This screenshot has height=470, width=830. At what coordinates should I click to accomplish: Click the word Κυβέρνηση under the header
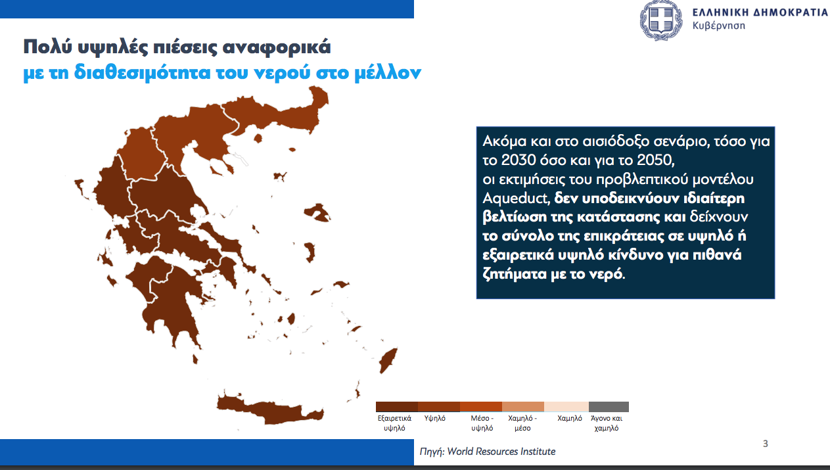click(718, 26)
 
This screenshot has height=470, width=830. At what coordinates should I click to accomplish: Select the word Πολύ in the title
click(47, 47)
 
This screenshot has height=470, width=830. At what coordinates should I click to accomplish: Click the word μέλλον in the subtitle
click(388, 72)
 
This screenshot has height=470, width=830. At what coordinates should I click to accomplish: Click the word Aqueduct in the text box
click(515, 199)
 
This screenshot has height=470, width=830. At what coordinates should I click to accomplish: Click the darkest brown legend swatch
click(397, 407)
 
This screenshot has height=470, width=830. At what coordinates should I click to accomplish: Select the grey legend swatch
click(609, 407)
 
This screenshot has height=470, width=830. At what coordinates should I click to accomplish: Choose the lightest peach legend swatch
click(566, 407)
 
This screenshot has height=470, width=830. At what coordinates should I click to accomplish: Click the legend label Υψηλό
click(434, 419)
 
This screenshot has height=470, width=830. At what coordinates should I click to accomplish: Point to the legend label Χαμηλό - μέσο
click(522, 423)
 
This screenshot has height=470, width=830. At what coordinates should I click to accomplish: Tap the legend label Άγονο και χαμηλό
click(607, 423)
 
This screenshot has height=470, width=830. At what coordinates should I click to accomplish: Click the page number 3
click(766, 444)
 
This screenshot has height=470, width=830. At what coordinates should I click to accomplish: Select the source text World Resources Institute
click(501, 452)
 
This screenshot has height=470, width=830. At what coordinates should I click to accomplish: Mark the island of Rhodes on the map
click(388, 360)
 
